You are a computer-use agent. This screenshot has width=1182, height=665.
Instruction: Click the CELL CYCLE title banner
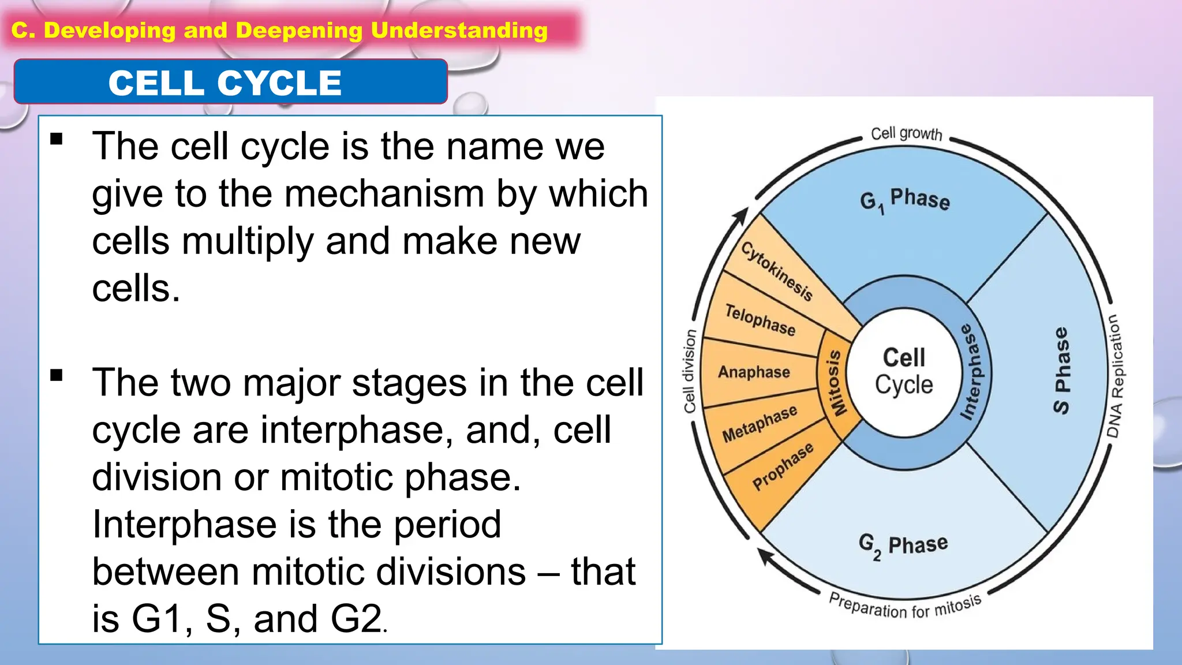tap(230, 82)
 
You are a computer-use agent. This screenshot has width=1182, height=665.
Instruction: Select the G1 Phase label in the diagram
tap(904, 200)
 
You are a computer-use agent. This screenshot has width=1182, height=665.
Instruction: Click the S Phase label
tap(1061, 371)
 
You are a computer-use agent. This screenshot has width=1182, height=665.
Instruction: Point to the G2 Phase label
tap(903, 544)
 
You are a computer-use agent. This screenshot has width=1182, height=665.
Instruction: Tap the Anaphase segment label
tap(754, 372)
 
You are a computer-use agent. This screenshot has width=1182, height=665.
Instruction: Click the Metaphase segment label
tap(760, 423)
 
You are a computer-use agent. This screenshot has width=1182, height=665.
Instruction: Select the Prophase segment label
tap(783, 466)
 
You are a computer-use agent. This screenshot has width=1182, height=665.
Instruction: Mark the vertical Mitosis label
tap(835, 382)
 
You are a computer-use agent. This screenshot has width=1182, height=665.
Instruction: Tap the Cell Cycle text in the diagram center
tap(904, 371)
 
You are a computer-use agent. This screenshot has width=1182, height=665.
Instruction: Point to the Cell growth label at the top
tap(906, 133)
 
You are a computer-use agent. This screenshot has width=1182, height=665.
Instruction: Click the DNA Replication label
tap(1115, 376)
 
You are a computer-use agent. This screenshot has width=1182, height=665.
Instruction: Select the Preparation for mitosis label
tap(904, 606)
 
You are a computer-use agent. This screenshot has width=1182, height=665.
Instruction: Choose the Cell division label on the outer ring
tap(690, 371)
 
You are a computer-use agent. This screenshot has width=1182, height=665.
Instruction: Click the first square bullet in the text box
tap(57, 139)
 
